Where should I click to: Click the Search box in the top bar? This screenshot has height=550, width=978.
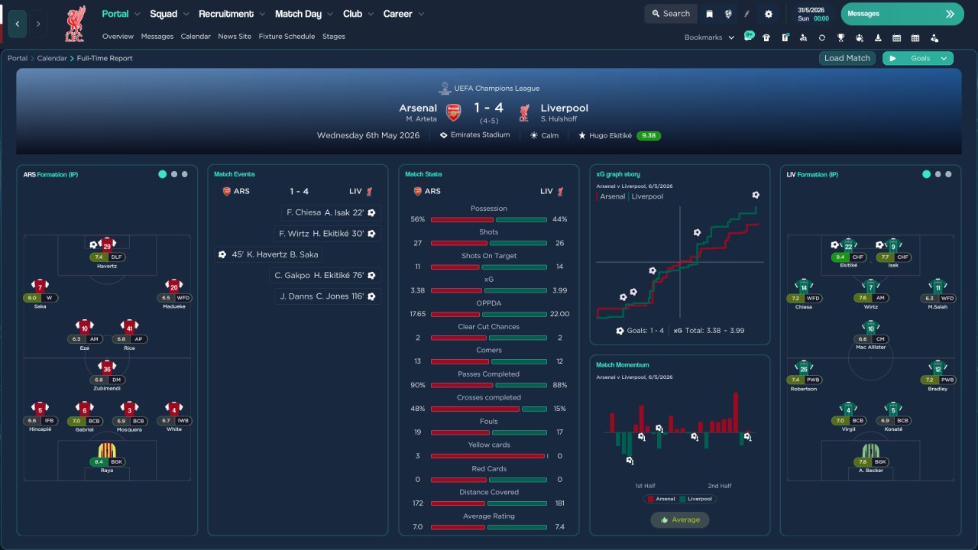point(671,14)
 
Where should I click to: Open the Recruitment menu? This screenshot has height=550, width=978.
point(225,14)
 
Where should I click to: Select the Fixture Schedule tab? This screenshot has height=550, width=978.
point(287,37)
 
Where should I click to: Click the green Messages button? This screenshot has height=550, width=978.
point(902,14)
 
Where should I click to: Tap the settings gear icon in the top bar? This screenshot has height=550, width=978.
point(769,15)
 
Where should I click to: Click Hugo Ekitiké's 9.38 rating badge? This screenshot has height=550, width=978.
point(649,136)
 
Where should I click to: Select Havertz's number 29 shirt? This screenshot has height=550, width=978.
point(107,244)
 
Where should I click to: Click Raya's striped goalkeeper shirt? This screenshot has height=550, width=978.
point(107,450)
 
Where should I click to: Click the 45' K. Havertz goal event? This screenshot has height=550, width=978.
point(268,254)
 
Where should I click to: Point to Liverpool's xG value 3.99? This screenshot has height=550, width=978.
point(559,290)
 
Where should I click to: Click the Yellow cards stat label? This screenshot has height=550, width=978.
point(488,445)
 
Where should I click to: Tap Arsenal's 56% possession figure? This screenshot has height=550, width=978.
point(417,219)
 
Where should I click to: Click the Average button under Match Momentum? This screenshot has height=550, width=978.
point(680,520)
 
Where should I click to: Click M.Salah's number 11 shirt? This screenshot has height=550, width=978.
point(938,286)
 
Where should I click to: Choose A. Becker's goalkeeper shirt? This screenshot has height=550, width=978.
point(870,450)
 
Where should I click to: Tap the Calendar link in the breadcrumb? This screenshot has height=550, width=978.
point(51,58)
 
